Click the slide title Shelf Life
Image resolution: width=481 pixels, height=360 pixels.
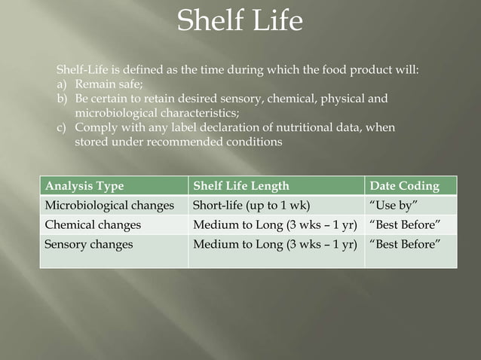click(240, 21)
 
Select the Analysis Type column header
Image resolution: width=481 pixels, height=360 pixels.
click(84, 186)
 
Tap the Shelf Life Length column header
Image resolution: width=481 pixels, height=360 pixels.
click(241, 186)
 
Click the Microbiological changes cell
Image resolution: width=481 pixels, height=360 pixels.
click(109, 206)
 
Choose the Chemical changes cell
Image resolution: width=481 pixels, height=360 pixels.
click(93, 224)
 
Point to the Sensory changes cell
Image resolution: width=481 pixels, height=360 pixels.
click(89, 244)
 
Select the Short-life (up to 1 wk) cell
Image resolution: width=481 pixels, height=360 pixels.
click(252, 206)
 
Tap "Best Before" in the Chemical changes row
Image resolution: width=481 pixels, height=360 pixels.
click(404, 224)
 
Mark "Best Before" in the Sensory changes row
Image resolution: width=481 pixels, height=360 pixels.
click(404, 244)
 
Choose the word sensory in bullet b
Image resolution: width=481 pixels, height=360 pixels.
click(225, 99)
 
